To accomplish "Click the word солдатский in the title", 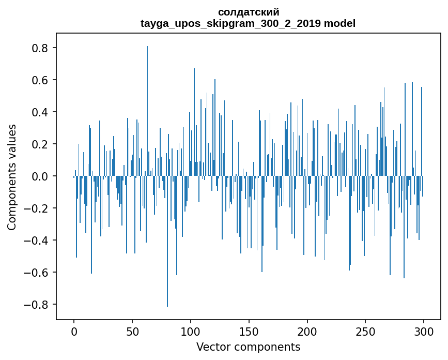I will (249, 12).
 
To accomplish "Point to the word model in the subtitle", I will (339, 23).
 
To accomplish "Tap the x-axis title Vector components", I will (248, 347).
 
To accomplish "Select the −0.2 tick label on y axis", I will (37, 208).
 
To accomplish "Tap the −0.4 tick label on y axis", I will (37, 241).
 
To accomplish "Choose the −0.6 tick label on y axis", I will (37, 273).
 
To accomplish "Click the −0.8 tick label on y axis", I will (37, 305).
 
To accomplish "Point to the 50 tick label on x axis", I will (132, 331).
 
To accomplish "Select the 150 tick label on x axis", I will (249, 331).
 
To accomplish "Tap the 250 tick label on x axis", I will (366, 331).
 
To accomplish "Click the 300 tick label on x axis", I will (424, 331).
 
